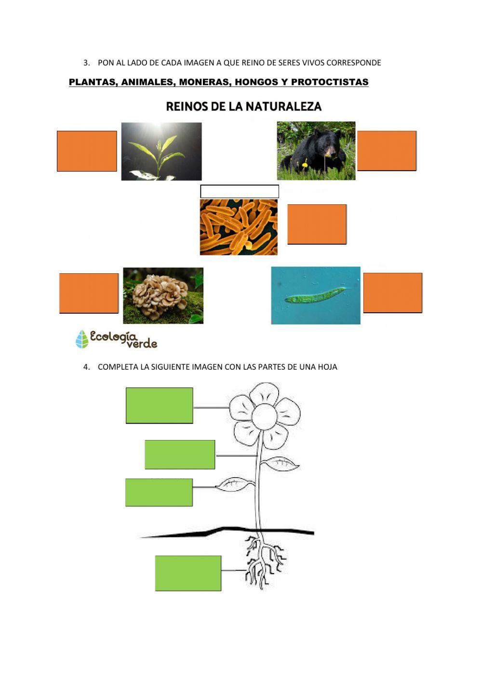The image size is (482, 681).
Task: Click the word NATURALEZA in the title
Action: point(283,107)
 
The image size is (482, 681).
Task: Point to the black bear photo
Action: point(316,151)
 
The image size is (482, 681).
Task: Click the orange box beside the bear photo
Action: point(387,151)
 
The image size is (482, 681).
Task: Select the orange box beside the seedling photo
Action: point(87,151)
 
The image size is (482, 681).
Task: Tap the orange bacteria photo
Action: point(239,227)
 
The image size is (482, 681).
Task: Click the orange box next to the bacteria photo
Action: point(317,225)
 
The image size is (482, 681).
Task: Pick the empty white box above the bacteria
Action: point(240,191)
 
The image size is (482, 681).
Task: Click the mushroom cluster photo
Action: point(163,295)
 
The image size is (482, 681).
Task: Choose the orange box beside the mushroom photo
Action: point(89,294)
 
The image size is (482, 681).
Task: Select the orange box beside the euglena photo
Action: point(393,293)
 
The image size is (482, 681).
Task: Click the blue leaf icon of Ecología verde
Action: point(82,339)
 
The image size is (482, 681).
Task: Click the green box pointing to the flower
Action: point(160,405)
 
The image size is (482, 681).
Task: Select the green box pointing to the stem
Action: point(180,454)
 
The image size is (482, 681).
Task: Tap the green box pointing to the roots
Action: point(188,574)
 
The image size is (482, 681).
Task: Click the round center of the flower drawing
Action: point(265,417)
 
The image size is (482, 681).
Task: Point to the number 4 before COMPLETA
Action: point(86,367)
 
